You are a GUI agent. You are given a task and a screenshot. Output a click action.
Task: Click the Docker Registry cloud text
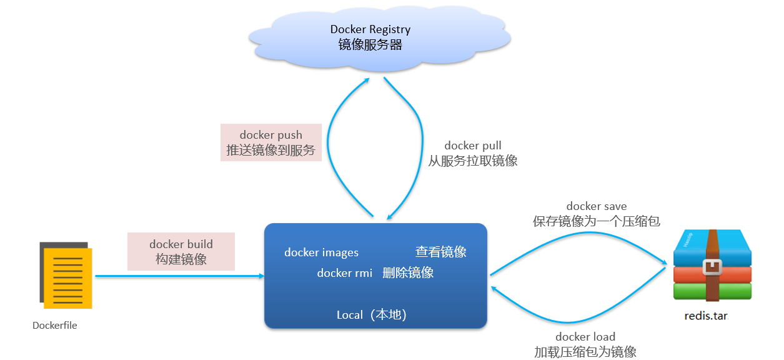(370, 29)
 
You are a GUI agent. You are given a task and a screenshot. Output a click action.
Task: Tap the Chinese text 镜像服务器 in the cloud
(370, 45)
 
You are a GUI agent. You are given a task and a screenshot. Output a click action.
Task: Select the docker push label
(271, 135)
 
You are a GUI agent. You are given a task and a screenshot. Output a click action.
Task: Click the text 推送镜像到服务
(271, 151)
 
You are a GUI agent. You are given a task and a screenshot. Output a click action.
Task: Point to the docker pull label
(473, 146)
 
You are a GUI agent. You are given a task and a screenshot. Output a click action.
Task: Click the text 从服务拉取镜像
(473, 161)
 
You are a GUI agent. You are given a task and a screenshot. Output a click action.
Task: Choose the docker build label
(181, 244)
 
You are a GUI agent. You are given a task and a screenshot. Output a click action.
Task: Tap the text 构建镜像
(181, 259)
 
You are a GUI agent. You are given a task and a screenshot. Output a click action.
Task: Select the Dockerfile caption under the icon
(55, 326)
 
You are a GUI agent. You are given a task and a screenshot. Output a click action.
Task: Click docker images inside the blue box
(321, 252)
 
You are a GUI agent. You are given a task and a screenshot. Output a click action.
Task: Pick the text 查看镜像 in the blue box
(441, 252)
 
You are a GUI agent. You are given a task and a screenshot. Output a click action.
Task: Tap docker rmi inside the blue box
(345, 273)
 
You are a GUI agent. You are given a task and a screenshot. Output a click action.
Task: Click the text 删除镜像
(408, 273)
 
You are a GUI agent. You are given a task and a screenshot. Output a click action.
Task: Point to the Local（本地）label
(372, 315)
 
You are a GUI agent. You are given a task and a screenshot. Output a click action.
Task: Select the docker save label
(597, 206)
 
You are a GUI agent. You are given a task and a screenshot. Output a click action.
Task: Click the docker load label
(585, 337)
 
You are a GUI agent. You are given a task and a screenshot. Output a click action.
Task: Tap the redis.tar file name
(706, 316)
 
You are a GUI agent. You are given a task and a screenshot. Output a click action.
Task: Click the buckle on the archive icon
(713, 267)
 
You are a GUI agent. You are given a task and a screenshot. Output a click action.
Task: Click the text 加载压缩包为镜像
(585, 352)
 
